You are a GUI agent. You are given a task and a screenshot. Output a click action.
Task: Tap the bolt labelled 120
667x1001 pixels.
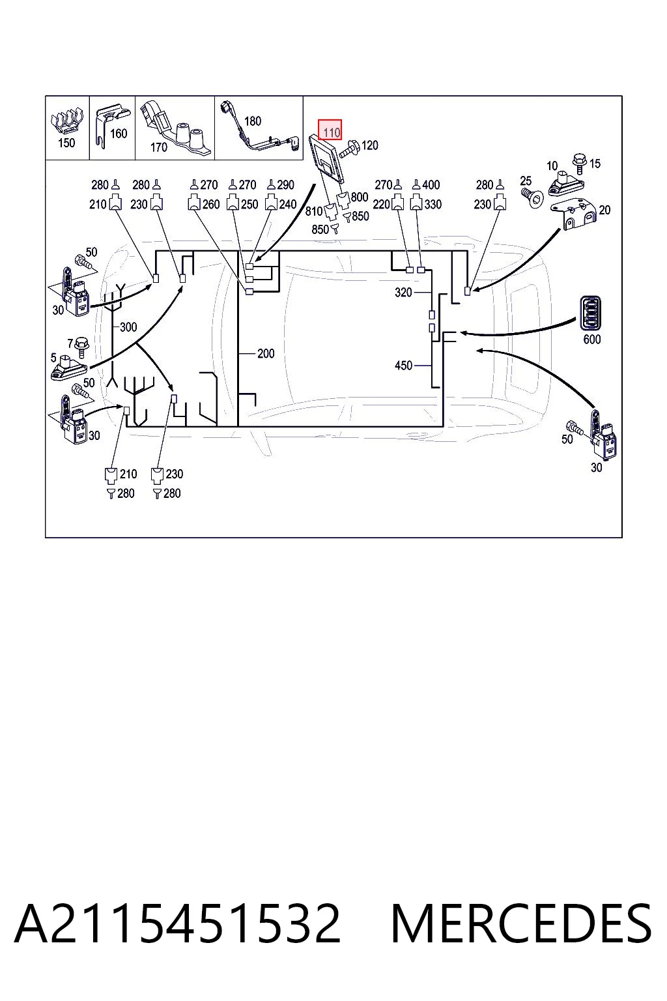click(349, 149)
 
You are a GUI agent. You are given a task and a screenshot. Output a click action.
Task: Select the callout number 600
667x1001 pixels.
click(592, 339)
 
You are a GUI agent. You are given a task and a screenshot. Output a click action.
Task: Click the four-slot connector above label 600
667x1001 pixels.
click(589, 313)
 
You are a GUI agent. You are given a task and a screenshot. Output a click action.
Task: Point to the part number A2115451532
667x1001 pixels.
click(177, 923)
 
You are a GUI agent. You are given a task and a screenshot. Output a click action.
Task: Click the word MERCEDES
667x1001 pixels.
click(521, 923)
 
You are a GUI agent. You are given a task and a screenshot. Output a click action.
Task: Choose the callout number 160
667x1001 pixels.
click(119, 133)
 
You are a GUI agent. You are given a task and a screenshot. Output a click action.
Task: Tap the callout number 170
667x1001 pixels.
click(158, 147)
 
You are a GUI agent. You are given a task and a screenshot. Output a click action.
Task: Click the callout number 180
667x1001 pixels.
click(253, 121)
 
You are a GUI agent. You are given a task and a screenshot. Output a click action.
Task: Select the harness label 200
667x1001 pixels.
click(266, 353)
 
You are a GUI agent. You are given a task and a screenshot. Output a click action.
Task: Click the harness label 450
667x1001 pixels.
click(403, 366)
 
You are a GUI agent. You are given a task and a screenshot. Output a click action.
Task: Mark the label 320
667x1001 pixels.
click(403, 292)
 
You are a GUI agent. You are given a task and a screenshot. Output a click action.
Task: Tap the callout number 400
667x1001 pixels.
click(431, 184)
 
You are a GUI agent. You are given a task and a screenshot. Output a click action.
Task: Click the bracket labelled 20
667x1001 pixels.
click(579, 215)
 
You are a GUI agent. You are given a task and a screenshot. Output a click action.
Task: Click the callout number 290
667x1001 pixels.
click(285, 184)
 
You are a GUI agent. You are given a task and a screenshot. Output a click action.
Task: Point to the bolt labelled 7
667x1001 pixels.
click(83, 346)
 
